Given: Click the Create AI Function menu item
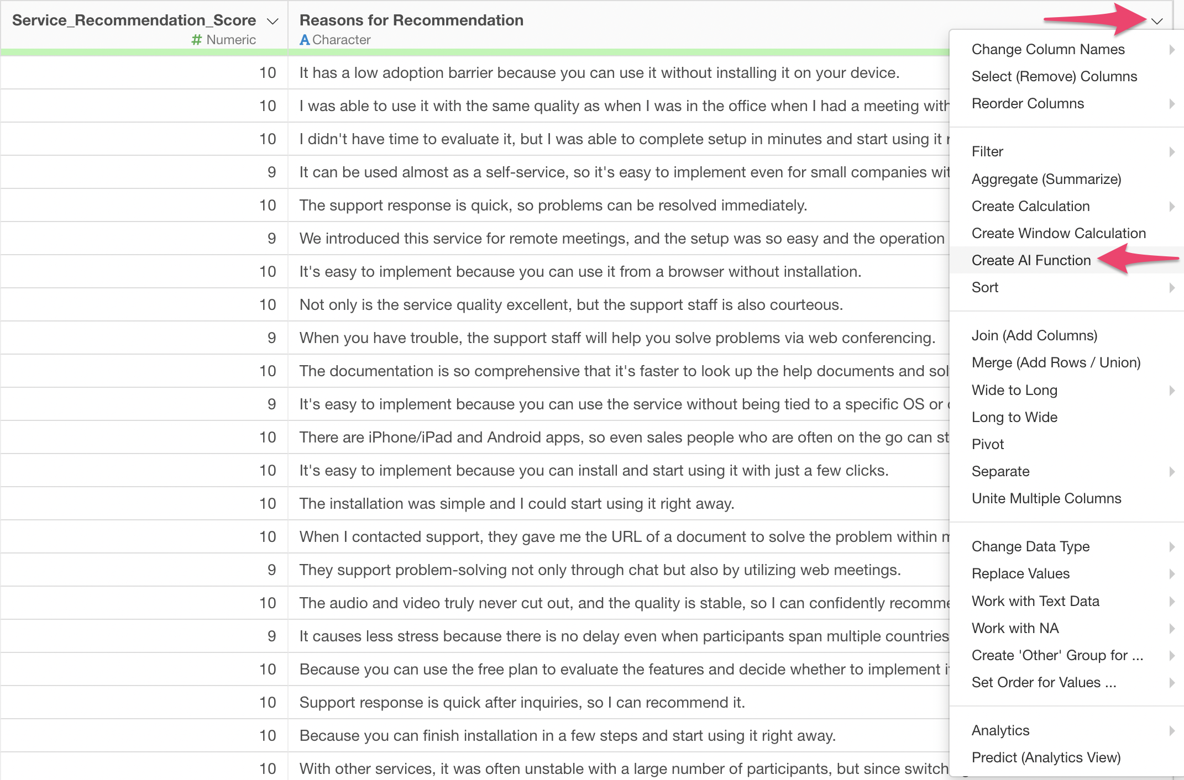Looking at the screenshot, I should coord(1031,260).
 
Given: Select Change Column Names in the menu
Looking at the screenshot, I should coord(1047,49).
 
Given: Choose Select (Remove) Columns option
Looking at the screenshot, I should coord(1054,76).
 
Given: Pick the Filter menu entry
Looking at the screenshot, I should coord(987,151).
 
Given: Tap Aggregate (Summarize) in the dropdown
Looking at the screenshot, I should coord(1046,179).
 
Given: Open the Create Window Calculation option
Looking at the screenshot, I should coord(1059,233).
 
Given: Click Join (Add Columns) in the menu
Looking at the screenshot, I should coord(1034,335).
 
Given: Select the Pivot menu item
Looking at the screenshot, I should coord(988,444).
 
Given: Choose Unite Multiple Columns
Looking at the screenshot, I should coord(1046,498).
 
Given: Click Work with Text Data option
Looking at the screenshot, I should coord(1035,601).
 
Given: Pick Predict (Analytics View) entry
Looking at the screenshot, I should coord(1046,757).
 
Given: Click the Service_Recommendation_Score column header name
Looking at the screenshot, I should coord(134,20).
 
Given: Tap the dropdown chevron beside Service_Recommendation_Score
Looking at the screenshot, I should coord(272,22).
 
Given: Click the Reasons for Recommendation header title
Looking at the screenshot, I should coord(411,20).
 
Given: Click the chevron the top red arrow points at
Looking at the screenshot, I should coord(1157,22).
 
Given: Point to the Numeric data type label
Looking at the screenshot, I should coord(230,40).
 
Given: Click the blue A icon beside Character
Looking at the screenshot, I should coord(305,40).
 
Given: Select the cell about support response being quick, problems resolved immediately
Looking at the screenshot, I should coord(553,205).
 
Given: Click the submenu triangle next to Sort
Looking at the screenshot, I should coord(1172,288).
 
